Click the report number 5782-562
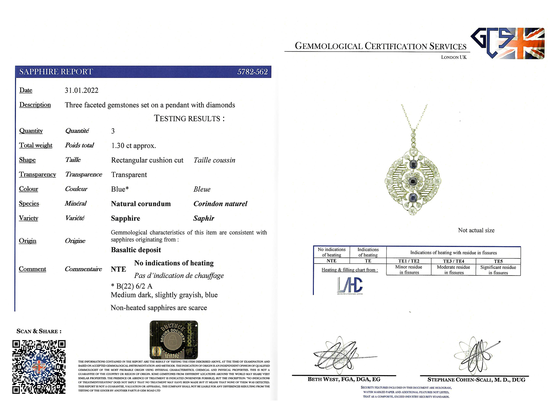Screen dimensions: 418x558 252,72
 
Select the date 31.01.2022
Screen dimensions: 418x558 81,90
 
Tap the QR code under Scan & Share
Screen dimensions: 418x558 39,367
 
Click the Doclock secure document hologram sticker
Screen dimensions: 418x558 174,340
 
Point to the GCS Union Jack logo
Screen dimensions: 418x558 507,43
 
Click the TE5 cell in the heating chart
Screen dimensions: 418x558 498,261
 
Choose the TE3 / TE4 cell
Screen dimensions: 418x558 453,261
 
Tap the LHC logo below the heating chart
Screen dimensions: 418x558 350,285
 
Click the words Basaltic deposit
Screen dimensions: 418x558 136,250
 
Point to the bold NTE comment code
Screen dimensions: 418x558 119,269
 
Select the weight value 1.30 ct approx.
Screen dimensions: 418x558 133,146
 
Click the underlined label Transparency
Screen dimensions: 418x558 37,174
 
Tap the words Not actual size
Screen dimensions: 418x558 476,230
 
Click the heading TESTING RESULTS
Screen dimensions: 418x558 189,118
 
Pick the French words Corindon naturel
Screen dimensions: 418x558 220,204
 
